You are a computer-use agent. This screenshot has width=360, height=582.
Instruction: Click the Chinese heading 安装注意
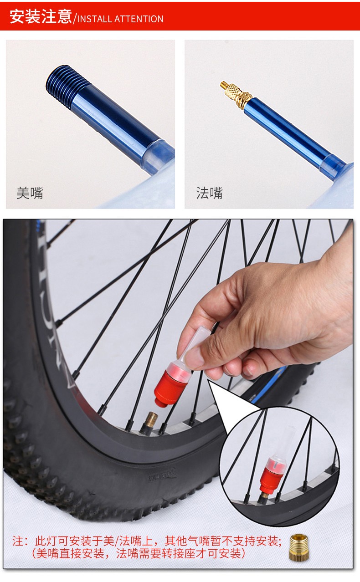coord(41,16)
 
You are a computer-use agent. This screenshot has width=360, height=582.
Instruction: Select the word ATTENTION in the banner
coord(139,19)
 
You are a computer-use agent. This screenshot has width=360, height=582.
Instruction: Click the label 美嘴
coord(30,193)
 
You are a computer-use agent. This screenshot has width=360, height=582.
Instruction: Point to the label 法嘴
coord(209,193)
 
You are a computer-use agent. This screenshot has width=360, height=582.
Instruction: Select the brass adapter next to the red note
coord(298,547)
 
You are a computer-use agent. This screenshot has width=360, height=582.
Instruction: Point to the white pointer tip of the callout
coord(208,381)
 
